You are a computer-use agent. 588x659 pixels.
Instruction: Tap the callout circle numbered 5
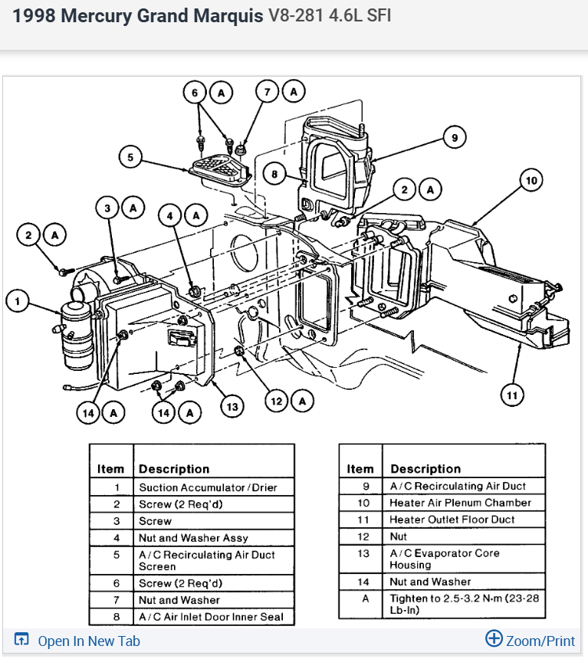130,158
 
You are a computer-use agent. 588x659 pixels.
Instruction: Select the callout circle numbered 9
454,138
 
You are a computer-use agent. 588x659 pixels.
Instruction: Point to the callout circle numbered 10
531,181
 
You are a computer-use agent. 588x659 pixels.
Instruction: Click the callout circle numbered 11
512,395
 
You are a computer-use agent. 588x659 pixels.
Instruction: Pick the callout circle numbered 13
232,406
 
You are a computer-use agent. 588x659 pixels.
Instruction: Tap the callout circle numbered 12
276,399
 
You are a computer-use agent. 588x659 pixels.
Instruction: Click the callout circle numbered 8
274,174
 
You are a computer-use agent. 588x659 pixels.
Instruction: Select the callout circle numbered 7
267,92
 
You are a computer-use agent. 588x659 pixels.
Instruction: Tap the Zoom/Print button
531,640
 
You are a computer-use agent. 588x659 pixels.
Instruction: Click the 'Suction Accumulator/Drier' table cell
208,487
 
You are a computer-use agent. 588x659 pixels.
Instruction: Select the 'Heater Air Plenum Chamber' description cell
460,503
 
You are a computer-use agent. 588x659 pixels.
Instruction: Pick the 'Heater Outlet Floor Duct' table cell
452,520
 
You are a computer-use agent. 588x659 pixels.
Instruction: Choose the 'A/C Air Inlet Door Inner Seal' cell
211,617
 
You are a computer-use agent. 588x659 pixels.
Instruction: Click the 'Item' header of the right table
360,469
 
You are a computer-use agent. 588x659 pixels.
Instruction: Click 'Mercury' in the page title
97,16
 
